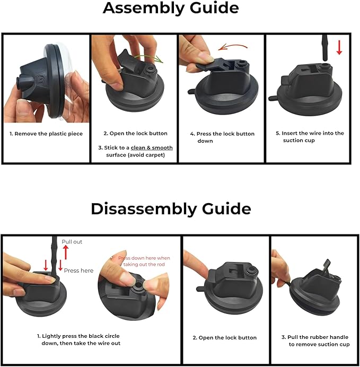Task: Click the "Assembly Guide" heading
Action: (x=171, y=8)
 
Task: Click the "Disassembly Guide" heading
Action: (x=171, y=209)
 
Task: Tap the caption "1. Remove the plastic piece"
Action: (x=46, y=134)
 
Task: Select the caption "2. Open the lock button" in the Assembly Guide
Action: (x=135, y=134)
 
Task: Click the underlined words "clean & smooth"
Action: (x=152, y=147)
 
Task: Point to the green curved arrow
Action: (x=150, y=58)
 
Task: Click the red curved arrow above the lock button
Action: (x=232, y=47)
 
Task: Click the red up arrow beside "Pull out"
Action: (x=66, y=252)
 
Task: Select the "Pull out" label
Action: (x=72, y=242)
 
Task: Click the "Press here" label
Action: (x=78, y=270)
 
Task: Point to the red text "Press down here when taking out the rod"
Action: (x=144, y=261)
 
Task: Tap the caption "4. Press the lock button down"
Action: (x=222, y=137)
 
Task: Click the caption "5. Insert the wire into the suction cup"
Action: (x=310, y=137)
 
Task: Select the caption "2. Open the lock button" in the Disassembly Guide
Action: (x=225, y=338)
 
